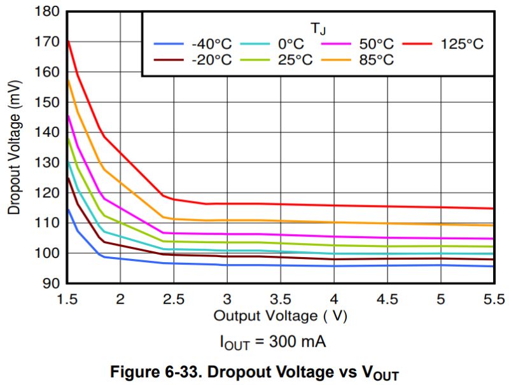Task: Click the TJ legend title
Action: [x=319, y=27]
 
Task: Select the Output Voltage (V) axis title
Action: [x=281, y=316]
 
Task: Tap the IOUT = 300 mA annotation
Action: [x=273, y=343]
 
